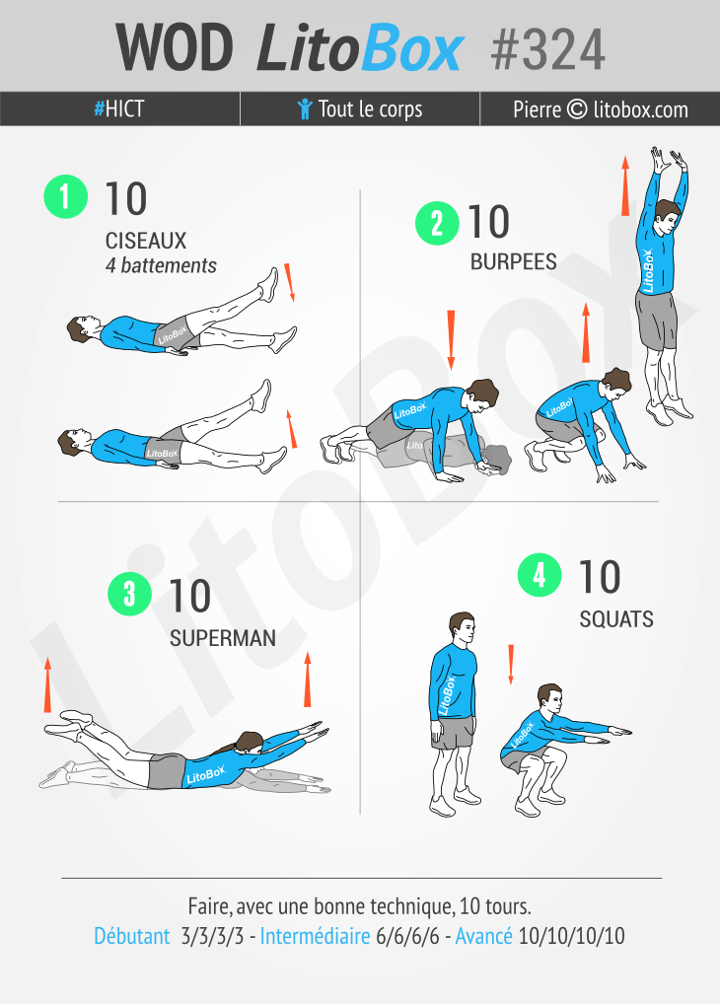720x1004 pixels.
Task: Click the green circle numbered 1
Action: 65,196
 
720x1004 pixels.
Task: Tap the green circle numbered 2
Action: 437,224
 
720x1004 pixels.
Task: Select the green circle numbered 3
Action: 129,594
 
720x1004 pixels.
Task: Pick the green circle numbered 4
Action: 540,575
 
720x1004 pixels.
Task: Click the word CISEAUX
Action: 146,241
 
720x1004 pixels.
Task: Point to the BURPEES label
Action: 513,261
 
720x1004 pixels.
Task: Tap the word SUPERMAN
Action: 223,638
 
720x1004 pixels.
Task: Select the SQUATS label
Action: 616,619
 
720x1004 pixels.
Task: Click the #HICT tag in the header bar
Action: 119,108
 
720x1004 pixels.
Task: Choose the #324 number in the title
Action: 547,50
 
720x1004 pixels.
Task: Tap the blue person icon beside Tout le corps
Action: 305,108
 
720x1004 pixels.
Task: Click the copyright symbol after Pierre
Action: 577,108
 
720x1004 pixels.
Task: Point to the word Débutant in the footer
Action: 132,936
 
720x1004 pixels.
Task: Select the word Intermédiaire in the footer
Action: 316,936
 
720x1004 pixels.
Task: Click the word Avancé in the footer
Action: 483,936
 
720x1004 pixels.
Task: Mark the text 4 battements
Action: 161,265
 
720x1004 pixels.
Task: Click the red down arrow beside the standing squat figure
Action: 511,665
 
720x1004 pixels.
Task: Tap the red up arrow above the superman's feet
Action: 47,684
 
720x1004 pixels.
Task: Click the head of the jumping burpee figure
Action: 666,215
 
